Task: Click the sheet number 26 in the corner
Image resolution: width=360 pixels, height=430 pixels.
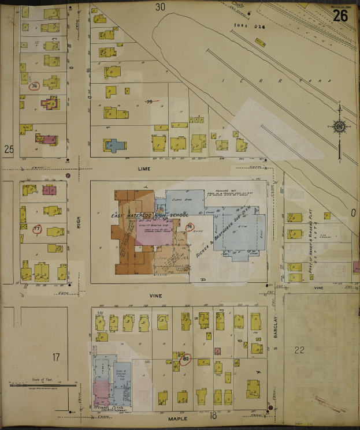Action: click(340, 16)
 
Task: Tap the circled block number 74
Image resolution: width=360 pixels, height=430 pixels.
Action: click(34, 87)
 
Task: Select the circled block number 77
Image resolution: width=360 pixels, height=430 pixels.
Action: click(37, 229)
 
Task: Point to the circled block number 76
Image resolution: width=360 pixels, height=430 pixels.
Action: click(189, 227)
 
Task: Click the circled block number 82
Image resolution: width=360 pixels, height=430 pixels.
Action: click(186, 359)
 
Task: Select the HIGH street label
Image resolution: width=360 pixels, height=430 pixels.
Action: click(79, 219)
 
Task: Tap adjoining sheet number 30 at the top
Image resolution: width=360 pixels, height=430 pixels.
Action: click(160, 7)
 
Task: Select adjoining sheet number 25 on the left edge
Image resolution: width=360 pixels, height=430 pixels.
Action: click(8, 149)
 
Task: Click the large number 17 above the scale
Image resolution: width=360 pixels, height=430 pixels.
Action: click(56, 357)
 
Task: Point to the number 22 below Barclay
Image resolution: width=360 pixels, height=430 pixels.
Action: click(299, 350)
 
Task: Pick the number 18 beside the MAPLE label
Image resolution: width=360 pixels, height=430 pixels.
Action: click(213, 415)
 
